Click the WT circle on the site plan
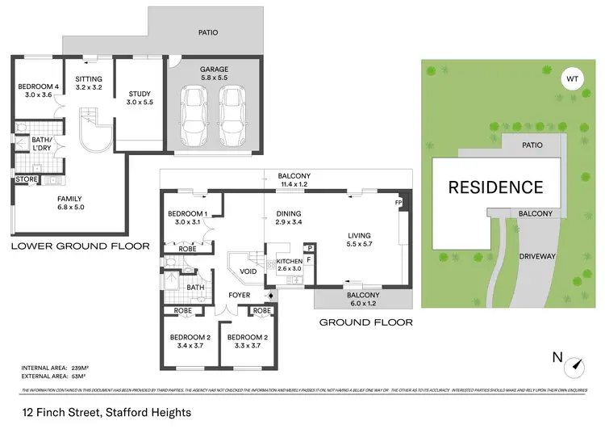tap(573, 80)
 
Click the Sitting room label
tap(89, 83)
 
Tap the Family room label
tap(69, 203)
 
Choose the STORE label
tap(26, 179)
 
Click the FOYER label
tap(240, 295)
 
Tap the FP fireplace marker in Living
tap(398, 203)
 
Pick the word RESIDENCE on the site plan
tap(495, 187)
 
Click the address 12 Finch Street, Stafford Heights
tap(106, 412)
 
